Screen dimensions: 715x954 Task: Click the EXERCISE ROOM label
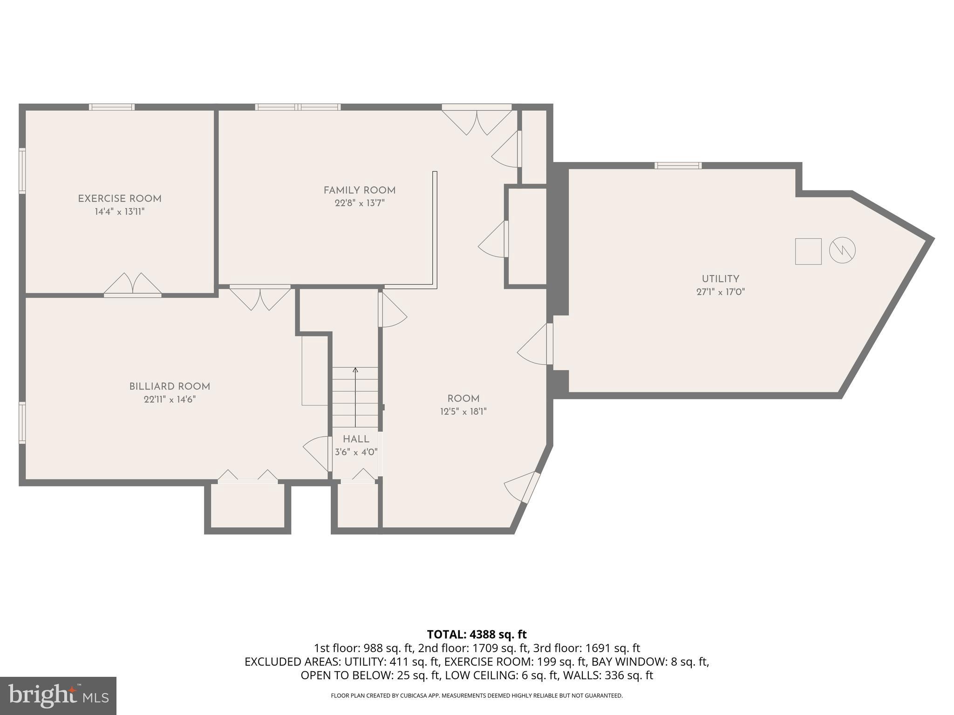120,199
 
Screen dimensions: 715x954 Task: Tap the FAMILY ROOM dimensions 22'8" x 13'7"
360,203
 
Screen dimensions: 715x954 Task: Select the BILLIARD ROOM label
170,386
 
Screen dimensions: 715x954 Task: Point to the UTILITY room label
720,279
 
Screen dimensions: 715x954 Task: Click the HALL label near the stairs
356,439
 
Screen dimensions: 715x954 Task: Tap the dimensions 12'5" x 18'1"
463,411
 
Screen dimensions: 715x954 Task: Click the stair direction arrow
355,396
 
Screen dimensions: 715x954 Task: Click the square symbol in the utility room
808,251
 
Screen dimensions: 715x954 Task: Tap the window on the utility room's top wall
678,165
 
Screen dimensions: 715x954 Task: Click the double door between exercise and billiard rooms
133,286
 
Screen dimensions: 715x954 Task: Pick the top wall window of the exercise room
112,107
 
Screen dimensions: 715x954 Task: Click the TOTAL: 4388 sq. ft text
477,634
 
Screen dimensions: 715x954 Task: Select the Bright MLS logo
58,695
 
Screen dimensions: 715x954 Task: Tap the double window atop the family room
298,107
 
